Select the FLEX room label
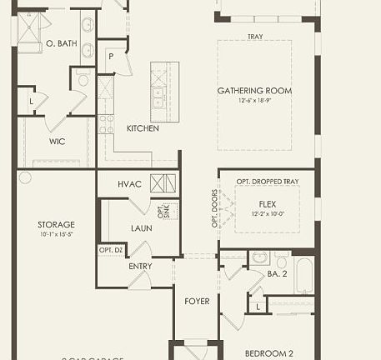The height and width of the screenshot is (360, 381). coord(268,203)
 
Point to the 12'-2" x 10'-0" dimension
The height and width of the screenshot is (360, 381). coord(268,213)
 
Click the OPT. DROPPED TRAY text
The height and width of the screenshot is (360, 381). coord(267,182)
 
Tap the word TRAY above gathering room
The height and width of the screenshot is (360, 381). coord(255,37)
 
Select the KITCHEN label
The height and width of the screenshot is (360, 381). coord(143,128)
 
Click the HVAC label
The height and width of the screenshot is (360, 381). coord(129,183)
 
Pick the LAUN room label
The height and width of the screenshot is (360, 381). coord(141,227)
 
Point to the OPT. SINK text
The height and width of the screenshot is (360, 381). coord(163,210)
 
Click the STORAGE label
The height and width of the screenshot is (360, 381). coord(56,224)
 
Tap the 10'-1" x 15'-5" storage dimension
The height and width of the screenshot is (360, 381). coord(56,234)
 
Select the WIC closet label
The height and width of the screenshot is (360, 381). coord(57,141)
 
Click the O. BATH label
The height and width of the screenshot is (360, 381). coord(61,42)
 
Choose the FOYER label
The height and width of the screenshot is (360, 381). coord(197,301)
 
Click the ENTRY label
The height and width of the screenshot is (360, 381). coord(140,266)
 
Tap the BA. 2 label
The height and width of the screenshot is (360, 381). coord(278,272)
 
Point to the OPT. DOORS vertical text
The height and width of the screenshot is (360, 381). coord(213,208)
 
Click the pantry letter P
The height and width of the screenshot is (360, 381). coord(110,56)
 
